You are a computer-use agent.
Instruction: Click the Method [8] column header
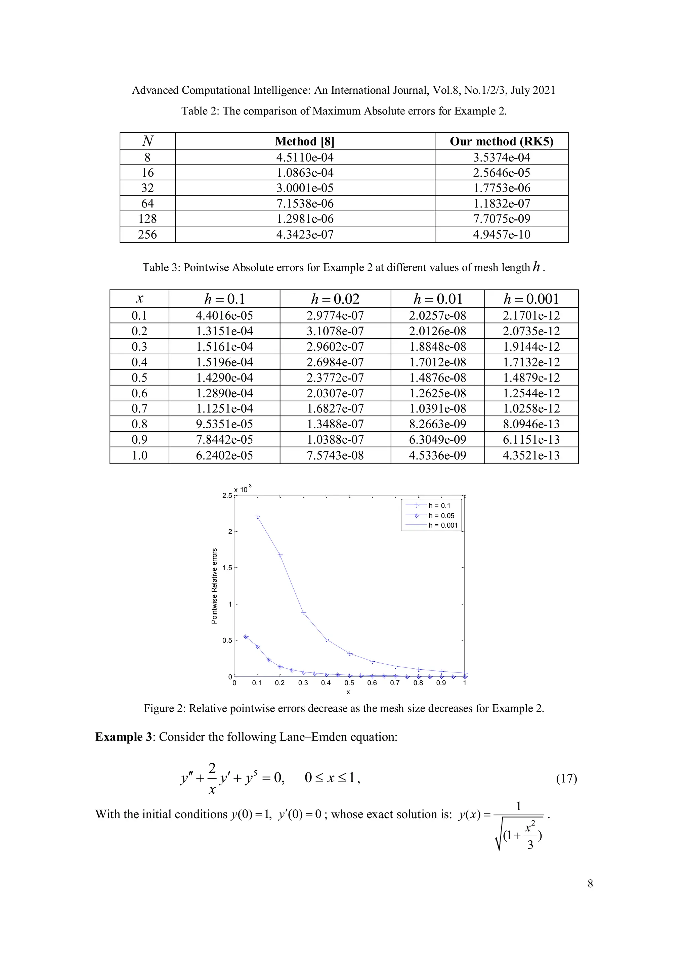pos(304,141)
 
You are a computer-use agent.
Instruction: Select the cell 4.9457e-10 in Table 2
pos(501,234)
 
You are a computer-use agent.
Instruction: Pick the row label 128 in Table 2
pos(147,219)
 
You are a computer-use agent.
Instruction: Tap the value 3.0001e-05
pos(304,188)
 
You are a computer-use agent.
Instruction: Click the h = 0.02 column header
pos(335,299)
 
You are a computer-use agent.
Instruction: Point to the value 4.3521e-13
pos(531,455)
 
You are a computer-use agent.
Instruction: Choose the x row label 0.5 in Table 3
pos(139,378)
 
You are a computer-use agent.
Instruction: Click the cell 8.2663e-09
pos(437,424)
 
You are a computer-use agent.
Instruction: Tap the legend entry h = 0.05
pos(441,516)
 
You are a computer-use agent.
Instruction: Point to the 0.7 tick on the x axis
pos(395,683)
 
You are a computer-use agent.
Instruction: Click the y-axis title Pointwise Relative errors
pos(215,586)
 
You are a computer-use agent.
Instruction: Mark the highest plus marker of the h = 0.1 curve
pos(257,516)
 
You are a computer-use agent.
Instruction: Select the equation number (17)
pos(566,778)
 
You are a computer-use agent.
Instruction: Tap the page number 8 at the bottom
pos(590,884)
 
